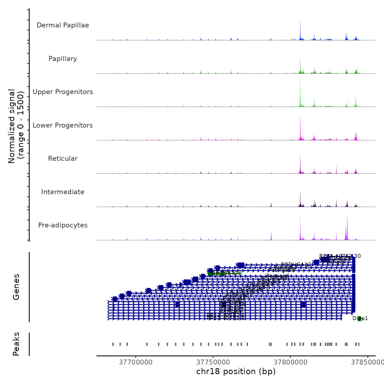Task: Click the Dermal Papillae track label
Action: [63, 25]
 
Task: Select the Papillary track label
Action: [63, 59]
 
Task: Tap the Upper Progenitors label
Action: [63, 92]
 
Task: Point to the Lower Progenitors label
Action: [63, 125]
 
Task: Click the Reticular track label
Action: [63, 159]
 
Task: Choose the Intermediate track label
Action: [63, 192]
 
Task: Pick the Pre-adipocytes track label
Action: [63, 225]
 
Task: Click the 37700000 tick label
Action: [136, 362]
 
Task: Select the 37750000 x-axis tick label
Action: [213, 362]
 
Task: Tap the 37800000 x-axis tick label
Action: [290, 362]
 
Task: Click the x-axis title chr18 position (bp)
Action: [236, 371]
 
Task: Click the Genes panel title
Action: [16, 287]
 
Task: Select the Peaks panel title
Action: [16, 344]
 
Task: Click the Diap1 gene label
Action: [360, 318]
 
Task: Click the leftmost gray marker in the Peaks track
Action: [113, 344]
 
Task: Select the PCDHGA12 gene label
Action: [296, 264]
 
